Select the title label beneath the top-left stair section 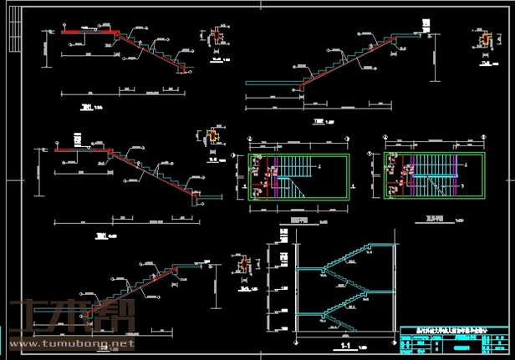(x=85, y=107)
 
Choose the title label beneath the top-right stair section (x=319, y=122)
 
